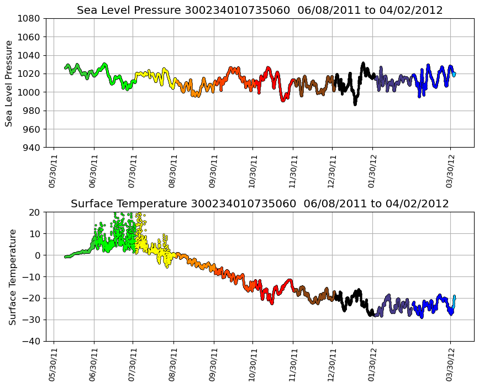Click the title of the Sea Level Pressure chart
click(x=259, y=10)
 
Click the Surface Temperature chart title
click(x=259, y=204)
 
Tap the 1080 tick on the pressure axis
click(x=31, y=18)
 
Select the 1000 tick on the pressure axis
click(x=31, y=92)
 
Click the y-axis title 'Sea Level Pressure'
click(x=9, y=83)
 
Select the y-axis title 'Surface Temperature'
click(x=12, y=276)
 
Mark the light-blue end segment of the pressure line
click(x=454, y=74)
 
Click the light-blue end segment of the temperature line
click(x=454, y=301)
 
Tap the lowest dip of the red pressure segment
click(x=283, y=100)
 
